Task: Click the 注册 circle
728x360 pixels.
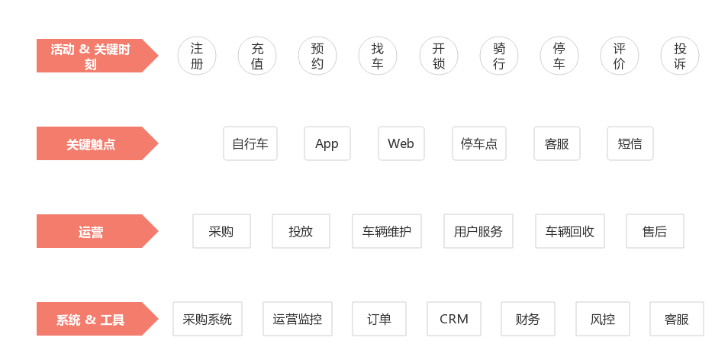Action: (197, 56)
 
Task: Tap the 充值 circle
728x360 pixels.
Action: (257, 56)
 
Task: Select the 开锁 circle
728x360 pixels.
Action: (438, 56)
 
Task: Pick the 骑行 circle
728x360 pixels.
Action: (498, 56)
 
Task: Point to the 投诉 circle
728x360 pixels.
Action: (680, 56)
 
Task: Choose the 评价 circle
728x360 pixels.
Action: (620, 56)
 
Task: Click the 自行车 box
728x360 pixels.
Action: (250, 143)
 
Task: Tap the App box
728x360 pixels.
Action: (327, 143)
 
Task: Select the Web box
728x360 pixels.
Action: (401, 143)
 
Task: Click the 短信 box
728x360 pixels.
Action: (630, 143)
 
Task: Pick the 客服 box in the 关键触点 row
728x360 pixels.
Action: (556, 143)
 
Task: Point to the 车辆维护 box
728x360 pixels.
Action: (387, 231)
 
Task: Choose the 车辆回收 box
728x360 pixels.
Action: (570, 231)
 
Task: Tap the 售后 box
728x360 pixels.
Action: (655, 231)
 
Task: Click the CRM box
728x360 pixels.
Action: (453, 319)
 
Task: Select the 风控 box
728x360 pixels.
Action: (603, 319)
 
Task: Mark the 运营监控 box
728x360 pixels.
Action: (297, 319)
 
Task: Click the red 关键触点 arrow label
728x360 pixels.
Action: (98, 143)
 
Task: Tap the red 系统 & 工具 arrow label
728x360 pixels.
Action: (98, 319)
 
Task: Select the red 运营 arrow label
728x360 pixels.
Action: (98, 231)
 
